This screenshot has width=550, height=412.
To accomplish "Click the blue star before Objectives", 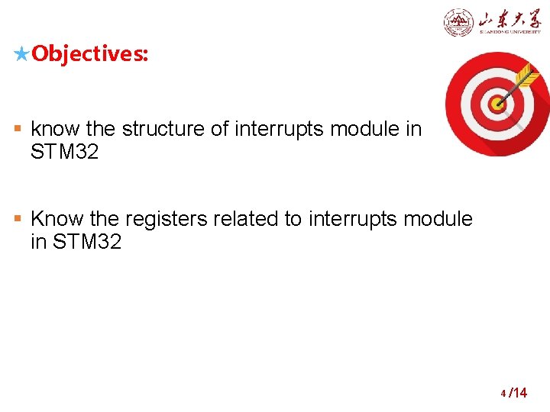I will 22,54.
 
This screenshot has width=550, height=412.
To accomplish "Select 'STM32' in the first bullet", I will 64,153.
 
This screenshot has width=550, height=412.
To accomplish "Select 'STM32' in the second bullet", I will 88,243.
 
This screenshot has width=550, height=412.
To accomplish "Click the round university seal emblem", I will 458,22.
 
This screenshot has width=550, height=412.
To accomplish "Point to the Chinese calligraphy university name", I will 510,21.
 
